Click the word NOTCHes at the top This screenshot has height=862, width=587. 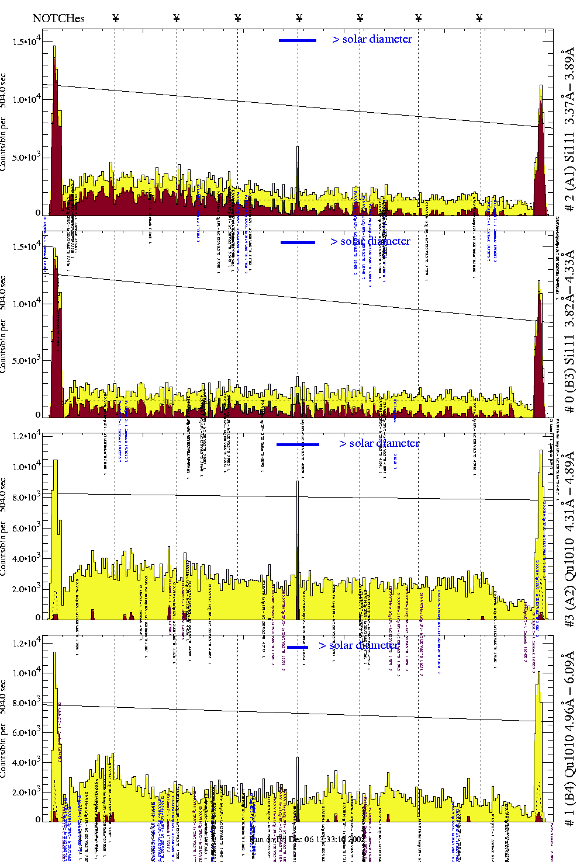tap(58, 18)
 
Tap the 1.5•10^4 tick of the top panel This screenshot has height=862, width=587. tap(27, 42)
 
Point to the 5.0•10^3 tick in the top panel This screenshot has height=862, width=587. tap(27, 157)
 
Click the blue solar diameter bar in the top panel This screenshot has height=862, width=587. tap(298, 40)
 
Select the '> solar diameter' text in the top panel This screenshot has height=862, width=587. tap(372, 39)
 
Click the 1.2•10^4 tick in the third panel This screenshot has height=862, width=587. tap(27, 436)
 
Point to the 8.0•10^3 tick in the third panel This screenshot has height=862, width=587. tap(27, 498)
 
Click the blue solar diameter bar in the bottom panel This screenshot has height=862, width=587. tap(298, 647)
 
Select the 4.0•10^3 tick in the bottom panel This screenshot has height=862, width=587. tap(27, 762)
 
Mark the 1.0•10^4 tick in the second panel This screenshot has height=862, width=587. tap(27, 304)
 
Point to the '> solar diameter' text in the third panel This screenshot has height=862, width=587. tap(379, 443)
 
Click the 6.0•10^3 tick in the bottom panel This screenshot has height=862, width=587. tap(27, 732)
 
